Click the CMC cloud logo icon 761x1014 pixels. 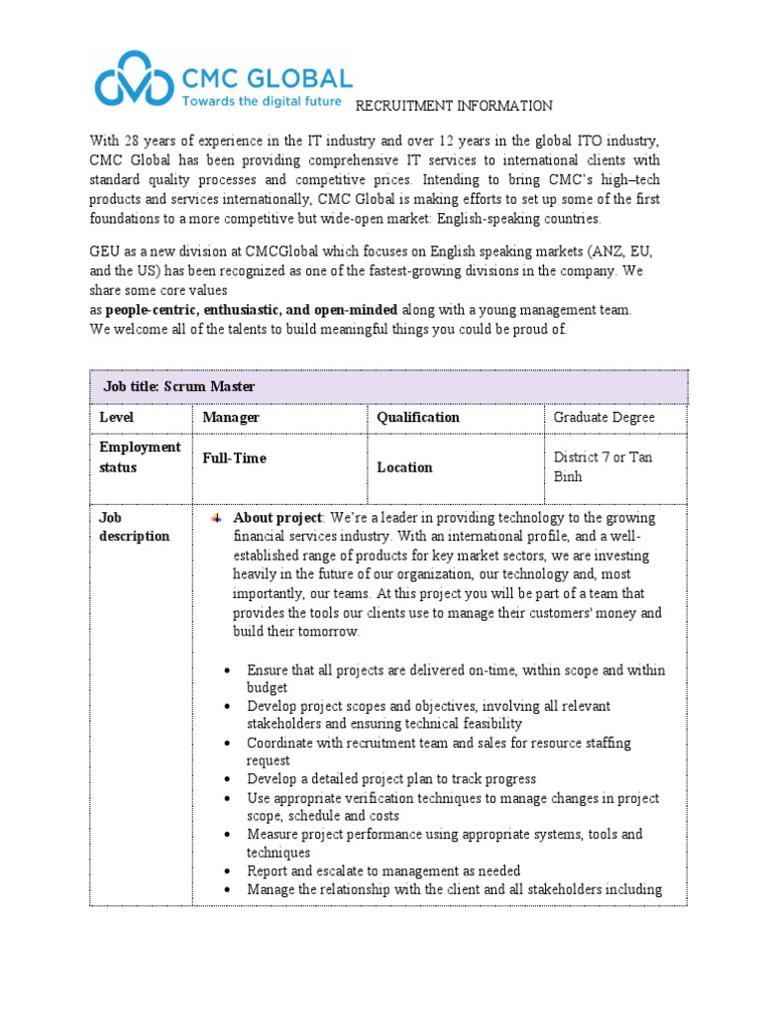135,80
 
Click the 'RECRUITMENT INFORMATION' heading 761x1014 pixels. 454,106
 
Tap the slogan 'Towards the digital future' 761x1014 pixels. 261,101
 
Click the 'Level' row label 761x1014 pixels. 116,418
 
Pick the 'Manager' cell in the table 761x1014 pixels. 231,418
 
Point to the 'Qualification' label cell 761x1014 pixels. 418,418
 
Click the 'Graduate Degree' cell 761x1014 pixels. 603,418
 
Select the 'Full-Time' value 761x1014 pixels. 234,458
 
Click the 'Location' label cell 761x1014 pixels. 404,467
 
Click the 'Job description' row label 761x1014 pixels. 135,527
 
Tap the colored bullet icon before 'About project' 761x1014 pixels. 216,519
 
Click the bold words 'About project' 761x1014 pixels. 277,518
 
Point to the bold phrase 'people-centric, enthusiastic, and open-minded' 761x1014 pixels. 252,310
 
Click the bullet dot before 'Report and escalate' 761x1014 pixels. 228,871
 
